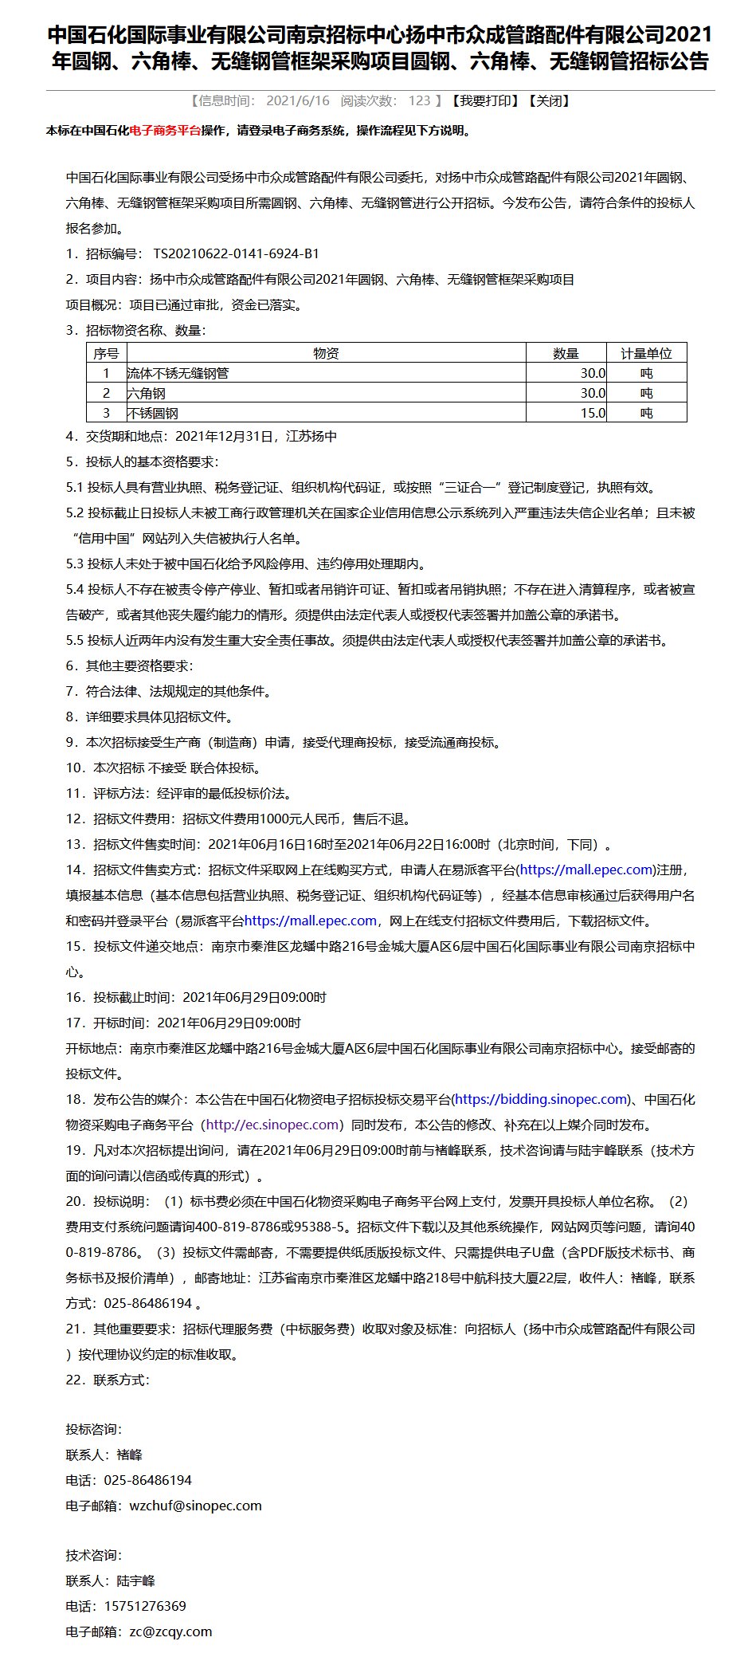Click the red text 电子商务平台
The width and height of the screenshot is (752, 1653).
coord(165,131)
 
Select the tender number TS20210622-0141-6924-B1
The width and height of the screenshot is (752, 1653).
coord(236,253)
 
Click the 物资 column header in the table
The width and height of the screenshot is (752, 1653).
coord(326,353)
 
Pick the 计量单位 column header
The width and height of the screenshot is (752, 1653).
coord(646,353)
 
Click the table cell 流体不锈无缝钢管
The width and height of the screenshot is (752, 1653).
coord(178,373)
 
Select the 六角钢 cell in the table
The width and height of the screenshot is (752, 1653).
coord(147,393)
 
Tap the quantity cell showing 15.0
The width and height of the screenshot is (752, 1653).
coord(593,413)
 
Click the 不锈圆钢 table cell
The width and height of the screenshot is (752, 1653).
coord(153,413)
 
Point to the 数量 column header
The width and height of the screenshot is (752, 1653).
coord(566,353)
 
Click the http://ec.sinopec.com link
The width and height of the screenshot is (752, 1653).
coord(272,1125)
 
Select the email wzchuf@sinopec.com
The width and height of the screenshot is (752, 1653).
coord(195,1506)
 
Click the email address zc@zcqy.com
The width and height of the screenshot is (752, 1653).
coord(170,1631)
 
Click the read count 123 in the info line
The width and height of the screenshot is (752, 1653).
coord(419,100)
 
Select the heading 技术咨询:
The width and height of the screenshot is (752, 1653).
coord(94,1555)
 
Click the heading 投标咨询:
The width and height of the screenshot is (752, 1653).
coord(94,1429)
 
